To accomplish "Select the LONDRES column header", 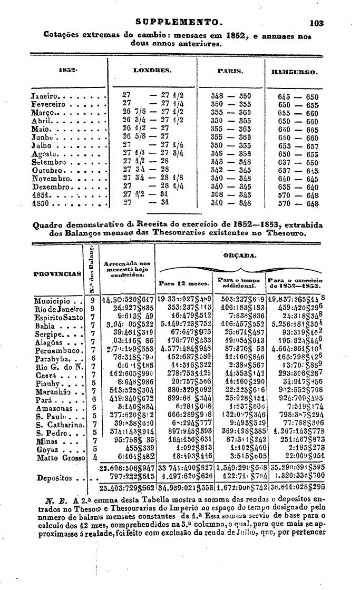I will pos(152,69).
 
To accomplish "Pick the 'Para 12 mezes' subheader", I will pos(181,283).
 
